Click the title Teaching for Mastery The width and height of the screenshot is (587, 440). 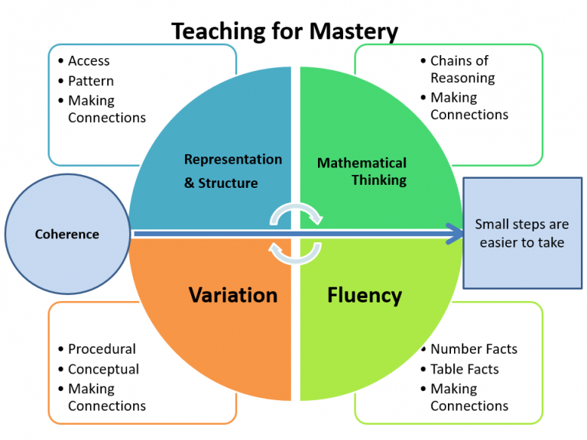click(x=284, y=31)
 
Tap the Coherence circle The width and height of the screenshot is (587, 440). click(x=67, y=234)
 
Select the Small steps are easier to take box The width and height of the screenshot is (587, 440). click(x=522, y=234)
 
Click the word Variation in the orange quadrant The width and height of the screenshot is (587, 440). click(x=233, y=295)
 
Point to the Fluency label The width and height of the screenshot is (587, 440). click(x=365, y=295)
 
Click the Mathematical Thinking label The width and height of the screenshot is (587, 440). click(x=362, y=171)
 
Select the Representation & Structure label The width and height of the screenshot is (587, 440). click(x=232, y=170)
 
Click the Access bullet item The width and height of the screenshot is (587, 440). click(x=89, y=61)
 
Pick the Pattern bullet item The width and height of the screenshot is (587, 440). click(x=91, y=81)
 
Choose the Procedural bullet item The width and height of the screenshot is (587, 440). click(x=102, y=349)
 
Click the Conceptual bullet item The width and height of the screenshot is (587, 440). click(x=103, y=369)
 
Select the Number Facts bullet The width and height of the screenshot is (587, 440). click(x=473, y=349)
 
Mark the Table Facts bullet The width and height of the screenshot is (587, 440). click(x=464, y=369)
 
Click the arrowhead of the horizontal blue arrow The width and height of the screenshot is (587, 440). click(x=456, y=233)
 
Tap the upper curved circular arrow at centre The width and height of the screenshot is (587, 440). click(x=296, y=215)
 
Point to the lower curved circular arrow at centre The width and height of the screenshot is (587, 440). click(x=296, y=252)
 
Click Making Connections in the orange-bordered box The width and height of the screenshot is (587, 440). click(x=106, y=397)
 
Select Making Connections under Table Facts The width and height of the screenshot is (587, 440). click(x=469, y=397)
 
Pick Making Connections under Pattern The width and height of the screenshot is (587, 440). click(x=106, y=109)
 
